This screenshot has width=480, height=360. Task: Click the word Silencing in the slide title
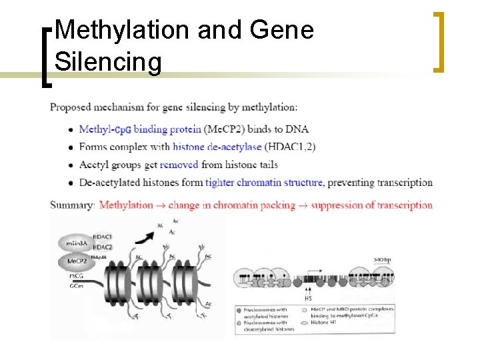click(x=108, y=62)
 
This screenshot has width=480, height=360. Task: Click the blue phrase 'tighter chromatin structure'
click(x=265, y=182)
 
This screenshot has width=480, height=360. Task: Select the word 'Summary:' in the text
click(x=73, y=205)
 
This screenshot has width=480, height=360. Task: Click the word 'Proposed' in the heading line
click(x=71, y=107)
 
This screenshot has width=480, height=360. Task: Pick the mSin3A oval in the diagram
click(x=78, y=243)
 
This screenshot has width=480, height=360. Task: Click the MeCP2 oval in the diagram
click(x=77, y=261)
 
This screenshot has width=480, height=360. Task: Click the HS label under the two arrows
click(x=308, y=298)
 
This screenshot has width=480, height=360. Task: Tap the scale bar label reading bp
click(x=382, y=257)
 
